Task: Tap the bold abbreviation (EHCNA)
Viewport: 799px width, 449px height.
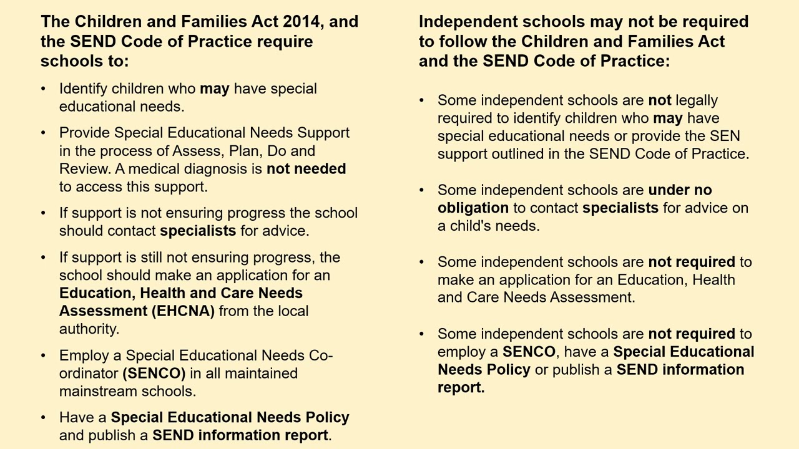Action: click(182, 311)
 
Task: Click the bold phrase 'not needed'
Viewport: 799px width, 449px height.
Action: click(306, 169)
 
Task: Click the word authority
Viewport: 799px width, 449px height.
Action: click(88, 329)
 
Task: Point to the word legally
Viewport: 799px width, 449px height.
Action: click(697, 100)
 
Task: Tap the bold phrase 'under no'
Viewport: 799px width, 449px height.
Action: click(680, 190)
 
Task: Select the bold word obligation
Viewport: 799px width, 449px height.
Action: click(473, 208)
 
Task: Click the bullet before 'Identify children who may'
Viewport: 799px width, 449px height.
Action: click(44, 89)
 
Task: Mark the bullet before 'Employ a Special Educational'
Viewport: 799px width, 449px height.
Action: click(44, 355)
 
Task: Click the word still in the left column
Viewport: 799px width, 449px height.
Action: click(154, 258)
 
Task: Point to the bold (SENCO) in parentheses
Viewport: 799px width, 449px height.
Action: click(154, 374)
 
